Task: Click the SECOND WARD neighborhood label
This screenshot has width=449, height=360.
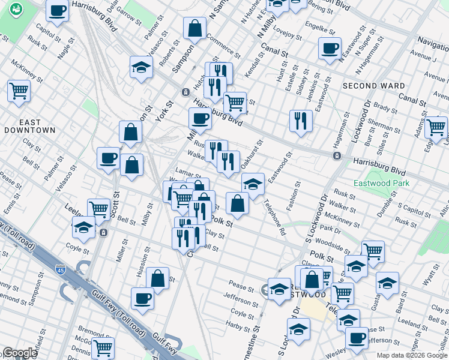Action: coord(373,86)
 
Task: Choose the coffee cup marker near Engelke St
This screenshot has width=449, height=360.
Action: coord(330,48)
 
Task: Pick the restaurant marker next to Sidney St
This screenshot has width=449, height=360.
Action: coord(301,120)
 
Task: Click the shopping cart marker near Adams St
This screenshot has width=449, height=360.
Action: coord(436,127)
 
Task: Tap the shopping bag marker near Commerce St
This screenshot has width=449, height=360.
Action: coord(195,28)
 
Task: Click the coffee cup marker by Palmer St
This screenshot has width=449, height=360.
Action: coord(108,158)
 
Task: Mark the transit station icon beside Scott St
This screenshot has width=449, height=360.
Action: coord(104,232)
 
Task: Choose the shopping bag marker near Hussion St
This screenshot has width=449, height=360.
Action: coord(157,278)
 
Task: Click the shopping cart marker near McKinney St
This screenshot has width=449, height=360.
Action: coord(19,91)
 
